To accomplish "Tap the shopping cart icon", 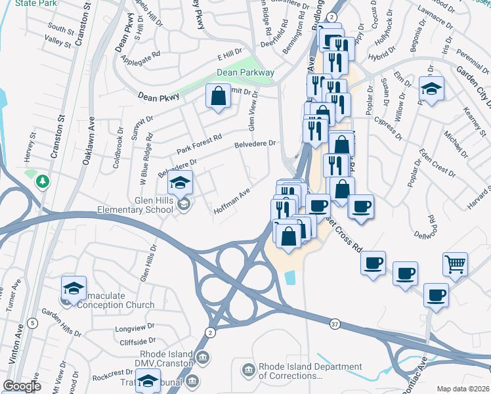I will click(455, 263).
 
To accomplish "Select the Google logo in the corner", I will click(22, 386).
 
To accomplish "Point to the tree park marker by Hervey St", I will click(43, 180).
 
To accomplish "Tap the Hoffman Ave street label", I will click(232, 202).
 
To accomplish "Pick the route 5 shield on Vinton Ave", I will click(32, 322).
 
